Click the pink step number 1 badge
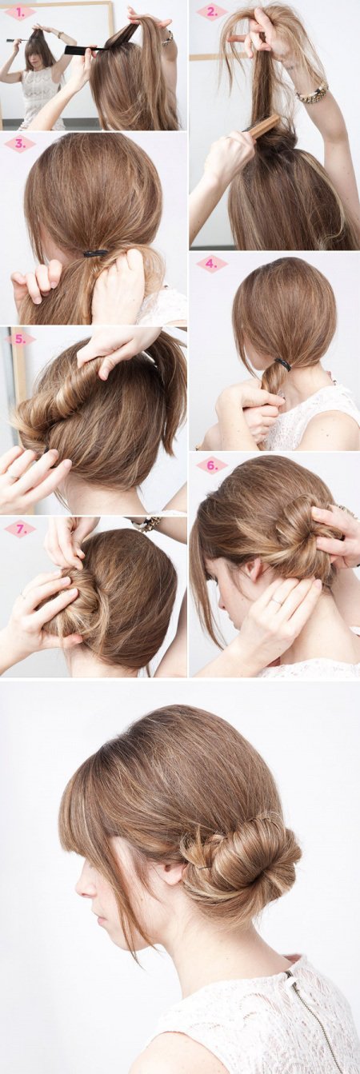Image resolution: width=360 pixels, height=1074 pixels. pyautogui.click(x=20, y=13)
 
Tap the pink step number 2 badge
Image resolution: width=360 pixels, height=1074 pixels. pyautogui.click(x=212, y=12)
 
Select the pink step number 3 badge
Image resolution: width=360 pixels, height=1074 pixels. pyautogui.click(x=20, y=144)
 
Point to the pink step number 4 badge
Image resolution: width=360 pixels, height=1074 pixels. pyautogui.click(x=211, y=263)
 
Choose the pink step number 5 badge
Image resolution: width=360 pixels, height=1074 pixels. pyautogui.click(x=20, y=339)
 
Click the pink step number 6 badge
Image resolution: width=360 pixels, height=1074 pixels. pyautogui.click(x=211, y=465)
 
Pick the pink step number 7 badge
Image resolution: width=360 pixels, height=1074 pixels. pyautogui.click(x=20, y=529)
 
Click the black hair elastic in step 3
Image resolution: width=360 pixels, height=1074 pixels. pyautogui.click(x=95, y=254)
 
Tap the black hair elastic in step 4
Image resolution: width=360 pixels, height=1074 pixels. pyautogui.click(x=283, y=365)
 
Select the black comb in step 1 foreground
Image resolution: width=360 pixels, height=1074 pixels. pyautogui.click(x=86, y=50)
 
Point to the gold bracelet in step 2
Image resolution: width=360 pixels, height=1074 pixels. pyautogui.click(x=312, y=93)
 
